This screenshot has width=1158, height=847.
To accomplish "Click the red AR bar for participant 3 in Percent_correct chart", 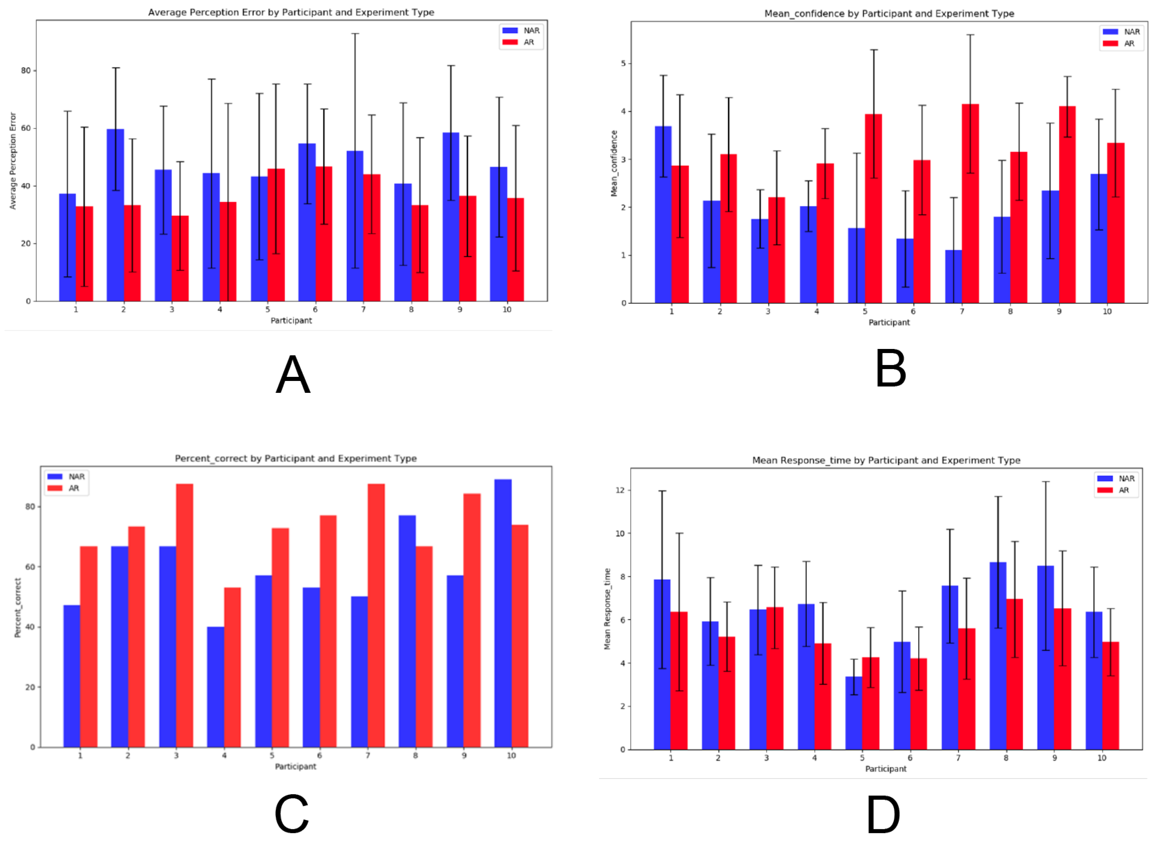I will (185, 615).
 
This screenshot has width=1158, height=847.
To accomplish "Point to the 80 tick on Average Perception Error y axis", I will (26, 71).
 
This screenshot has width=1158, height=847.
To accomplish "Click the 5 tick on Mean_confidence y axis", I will (623, 64).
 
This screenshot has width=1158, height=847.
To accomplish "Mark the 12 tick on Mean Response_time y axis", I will (620, 491).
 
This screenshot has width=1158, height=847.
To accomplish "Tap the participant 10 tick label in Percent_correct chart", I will (511, 756).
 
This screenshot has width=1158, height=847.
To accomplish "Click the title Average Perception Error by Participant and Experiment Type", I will (291, 12).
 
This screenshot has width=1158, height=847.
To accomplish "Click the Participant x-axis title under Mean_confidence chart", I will (889, 322).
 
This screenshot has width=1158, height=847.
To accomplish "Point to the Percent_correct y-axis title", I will (17, 608).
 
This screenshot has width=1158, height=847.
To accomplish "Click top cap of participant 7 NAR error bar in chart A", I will (355, 34).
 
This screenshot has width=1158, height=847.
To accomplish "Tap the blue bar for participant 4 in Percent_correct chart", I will (215, 687).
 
